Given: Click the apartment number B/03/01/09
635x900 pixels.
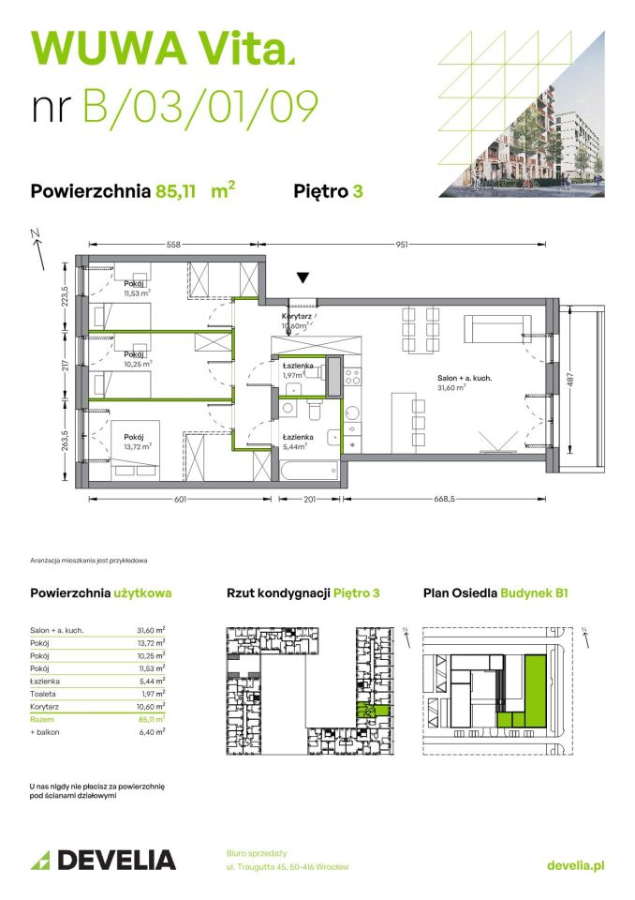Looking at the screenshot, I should (x=201, y=105).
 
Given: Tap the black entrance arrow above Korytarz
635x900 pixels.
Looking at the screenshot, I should (x=302, y=278).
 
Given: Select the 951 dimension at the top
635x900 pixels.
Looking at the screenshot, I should (x=401, y=245).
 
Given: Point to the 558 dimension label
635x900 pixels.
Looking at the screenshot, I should (x=173, y=245).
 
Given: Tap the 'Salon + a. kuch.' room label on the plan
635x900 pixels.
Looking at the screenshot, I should (x=465, y=378).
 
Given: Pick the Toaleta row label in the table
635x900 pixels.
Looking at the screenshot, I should (x=43, y=694).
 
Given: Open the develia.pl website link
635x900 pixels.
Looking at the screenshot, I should (x=574, y=865).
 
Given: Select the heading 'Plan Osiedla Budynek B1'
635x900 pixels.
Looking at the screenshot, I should (x=495, y=592).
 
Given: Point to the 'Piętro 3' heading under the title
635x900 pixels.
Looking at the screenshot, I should (x=329, y=191).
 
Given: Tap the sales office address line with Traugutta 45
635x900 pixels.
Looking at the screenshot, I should (x=287, y=867).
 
